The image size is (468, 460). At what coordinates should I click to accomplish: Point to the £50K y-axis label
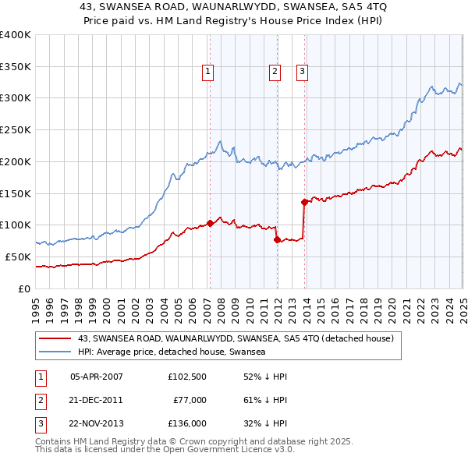coord(19,257)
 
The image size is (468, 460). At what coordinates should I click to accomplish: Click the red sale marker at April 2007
coord(210,223)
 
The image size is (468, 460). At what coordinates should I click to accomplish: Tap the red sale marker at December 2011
coord(277,239)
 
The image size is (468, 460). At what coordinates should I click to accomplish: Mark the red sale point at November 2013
coord(304,202)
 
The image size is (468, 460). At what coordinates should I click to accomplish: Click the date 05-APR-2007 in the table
coord(96,377)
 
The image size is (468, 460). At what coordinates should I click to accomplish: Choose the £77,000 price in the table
coord(190,400)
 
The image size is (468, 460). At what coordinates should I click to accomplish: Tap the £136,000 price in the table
coord(187,423)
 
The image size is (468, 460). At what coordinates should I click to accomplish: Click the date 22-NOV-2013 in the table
coord(96,423)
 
